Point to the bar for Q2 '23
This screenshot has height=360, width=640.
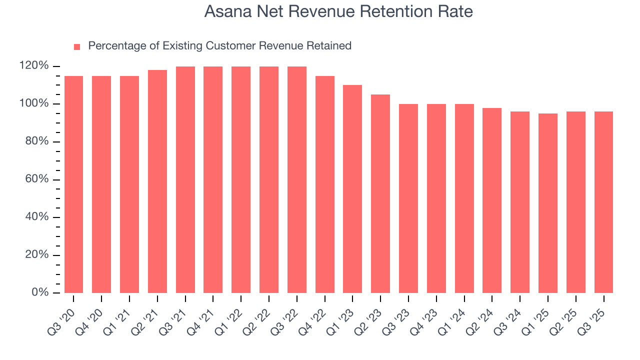[380, 193]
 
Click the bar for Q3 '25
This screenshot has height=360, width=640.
[603, 202]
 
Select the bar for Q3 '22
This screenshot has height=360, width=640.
[297, 179]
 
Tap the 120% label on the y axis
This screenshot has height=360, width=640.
[34, 66]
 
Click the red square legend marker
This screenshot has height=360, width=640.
[77, 46]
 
